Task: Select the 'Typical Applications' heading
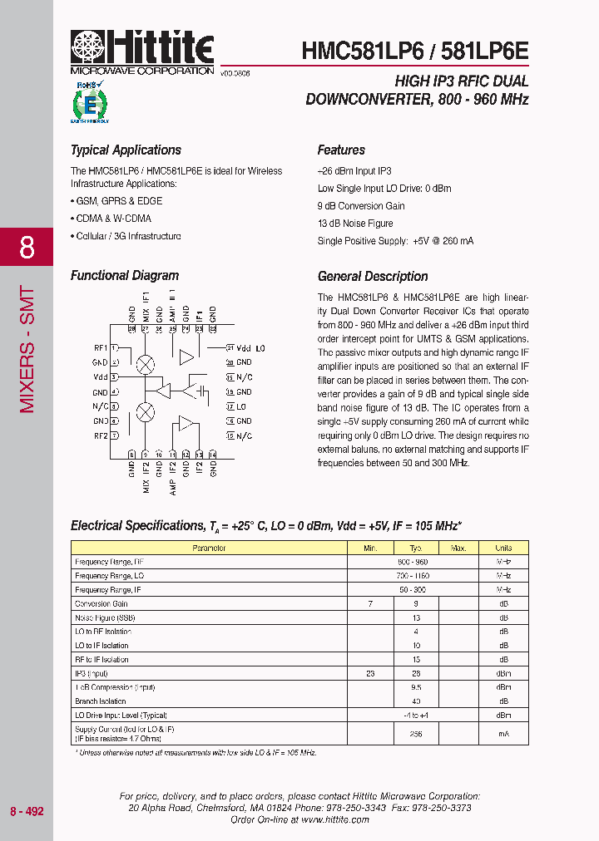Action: (126, 150)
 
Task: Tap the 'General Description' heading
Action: (373, 277)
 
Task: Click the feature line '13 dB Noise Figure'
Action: (355, 224)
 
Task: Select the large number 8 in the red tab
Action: (27, 247)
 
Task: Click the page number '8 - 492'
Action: (27, 810)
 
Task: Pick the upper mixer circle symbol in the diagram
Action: (146, 363)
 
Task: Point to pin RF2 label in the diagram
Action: (100, 435)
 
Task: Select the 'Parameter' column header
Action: (209, 548)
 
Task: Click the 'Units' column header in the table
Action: (503, 548)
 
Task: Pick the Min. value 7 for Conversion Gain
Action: (370, 604)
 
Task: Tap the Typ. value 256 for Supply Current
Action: (416, 734)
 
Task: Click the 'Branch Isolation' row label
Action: (101, 701)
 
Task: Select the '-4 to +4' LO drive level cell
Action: (416, 716)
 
